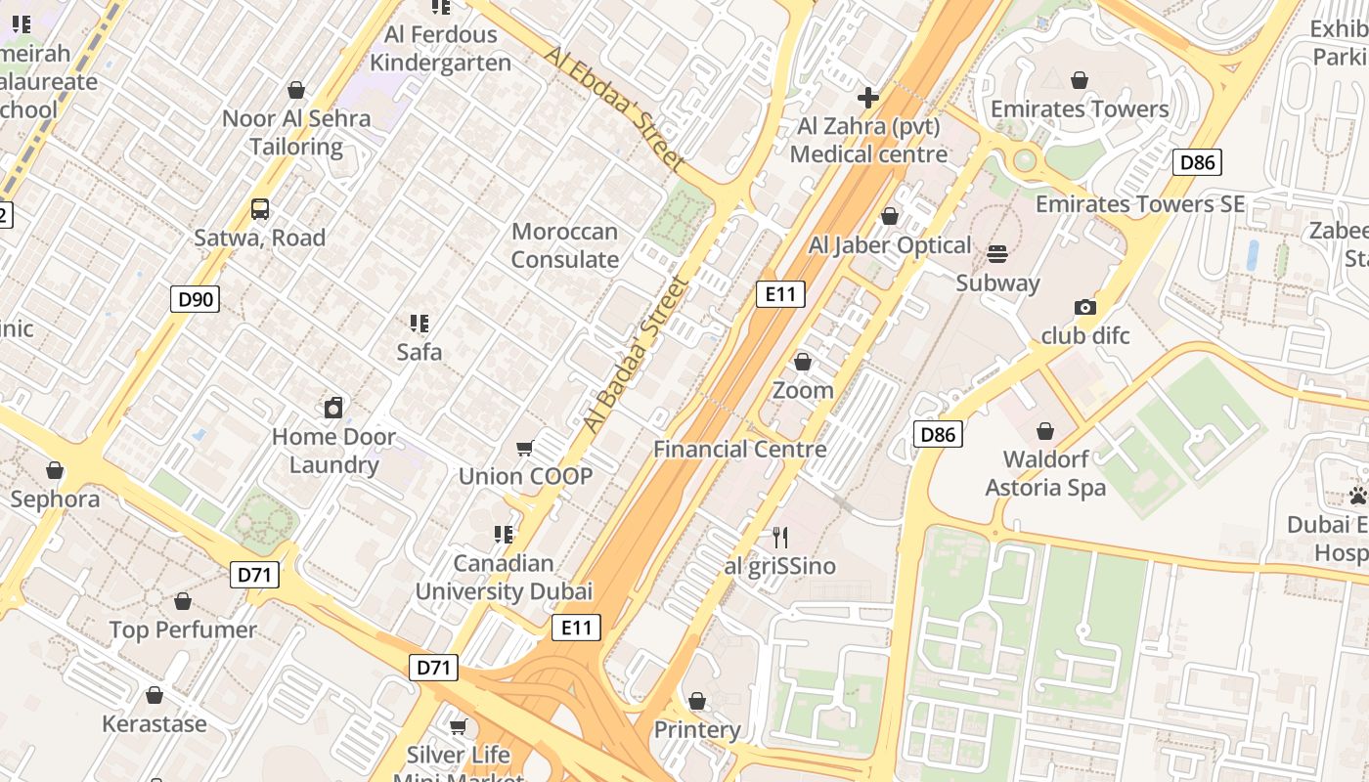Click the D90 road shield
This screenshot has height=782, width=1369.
195,299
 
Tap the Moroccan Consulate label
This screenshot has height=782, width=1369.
564,245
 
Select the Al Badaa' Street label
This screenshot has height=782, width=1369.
637,356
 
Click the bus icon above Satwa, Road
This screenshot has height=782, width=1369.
259,208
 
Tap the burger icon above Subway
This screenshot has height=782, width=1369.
997,254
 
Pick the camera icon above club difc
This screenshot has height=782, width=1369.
1084,307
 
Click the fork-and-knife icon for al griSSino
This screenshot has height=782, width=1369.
779,537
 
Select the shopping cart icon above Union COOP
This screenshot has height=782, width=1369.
525,448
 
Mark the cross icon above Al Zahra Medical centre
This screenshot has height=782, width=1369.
867,98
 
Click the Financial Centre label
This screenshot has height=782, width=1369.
739,450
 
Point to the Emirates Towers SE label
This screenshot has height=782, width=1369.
1140,204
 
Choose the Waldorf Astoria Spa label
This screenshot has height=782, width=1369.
1044,473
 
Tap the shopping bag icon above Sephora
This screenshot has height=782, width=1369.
55,470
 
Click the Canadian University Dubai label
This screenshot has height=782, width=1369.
504,577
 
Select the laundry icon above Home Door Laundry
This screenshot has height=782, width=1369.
333,408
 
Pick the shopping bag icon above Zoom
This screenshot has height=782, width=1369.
803,362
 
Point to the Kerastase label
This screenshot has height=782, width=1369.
155,724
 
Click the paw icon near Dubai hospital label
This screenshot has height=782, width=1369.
1357,496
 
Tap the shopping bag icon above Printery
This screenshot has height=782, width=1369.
696,701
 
